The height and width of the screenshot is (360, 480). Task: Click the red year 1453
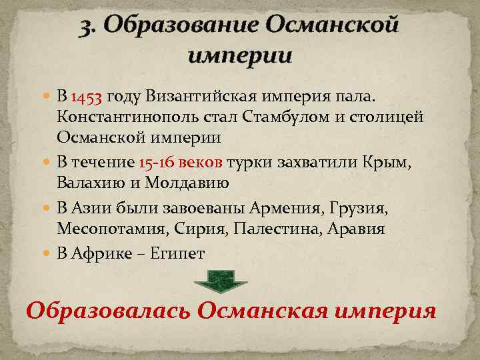pos(86,99)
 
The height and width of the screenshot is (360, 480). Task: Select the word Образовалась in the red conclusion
pos(107,311)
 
